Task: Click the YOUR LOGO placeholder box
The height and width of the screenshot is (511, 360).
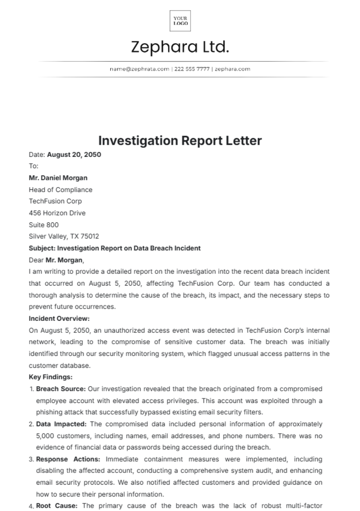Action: point(180,21)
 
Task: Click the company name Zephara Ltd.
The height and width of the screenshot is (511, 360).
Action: point(180,47)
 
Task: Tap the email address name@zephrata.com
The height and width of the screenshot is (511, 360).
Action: point(139,69)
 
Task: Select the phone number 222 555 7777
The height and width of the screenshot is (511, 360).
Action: point(192,69)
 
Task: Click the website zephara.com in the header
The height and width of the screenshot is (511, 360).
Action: point(232,69)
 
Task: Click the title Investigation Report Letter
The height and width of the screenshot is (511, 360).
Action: point(180,141)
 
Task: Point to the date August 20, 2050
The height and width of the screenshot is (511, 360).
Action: point(74,155)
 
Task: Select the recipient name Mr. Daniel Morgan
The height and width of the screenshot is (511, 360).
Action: point(58,178)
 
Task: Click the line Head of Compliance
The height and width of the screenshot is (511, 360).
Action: point(60,190)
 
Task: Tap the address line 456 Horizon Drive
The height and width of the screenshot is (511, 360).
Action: point(57,213)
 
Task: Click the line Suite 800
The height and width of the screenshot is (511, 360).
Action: point(43,225)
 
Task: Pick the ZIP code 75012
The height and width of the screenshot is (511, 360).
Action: point(90,236)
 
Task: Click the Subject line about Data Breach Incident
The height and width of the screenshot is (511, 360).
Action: point(115,248)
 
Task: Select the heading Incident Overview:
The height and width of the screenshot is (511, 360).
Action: point(59,319)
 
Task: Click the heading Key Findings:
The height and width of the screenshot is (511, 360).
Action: point(50,377)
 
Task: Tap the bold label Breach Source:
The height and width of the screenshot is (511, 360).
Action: point(61,389)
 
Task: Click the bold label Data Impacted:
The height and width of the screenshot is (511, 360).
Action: point(61,424)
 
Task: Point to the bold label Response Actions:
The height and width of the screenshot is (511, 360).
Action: point(68,459)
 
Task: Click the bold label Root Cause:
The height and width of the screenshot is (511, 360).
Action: point(57,506)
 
